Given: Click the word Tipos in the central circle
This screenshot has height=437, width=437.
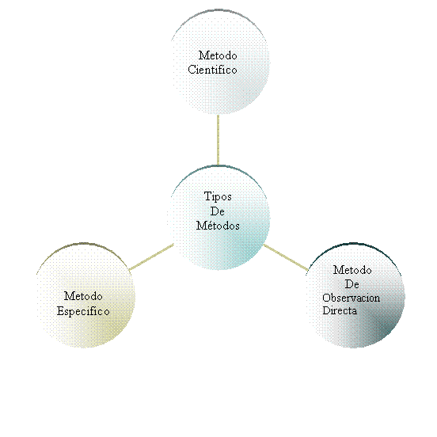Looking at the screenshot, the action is pyautogui.click(x=218, y=197).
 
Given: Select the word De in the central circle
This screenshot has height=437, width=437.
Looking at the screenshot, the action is pyautogui.click(x=218, y=211).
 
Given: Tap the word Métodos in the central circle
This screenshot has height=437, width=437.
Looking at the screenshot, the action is pyautogui.click(x=218, y=225).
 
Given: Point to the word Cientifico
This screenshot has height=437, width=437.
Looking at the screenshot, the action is pyautogui.click(x=212, y=70).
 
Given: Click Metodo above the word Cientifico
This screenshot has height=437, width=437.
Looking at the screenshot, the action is pyautogui.click(x=218, y=55).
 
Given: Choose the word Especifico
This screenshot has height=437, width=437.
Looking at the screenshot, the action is pyautogui.click(x=83, y=311).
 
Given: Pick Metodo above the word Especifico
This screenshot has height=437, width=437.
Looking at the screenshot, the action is pyautogui.click(x=83, y=296).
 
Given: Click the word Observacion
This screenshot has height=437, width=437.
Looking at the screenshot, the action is pyautogui.click(x=351, y=298).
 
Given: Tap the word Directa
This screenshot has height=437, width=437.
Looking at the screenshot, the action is pyautogui.click(x=340, y=310).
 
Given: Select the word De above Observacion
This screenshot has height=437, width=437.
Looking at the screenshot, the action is pyautogui.click(x=352, y=284).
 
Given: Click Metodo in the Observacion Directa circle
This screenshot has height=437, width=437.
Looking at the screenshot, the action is pyautogui.click(x=352, y=270).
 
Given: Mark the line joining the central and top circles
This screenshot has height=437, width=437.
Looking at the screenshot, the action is pyautogui.click(x=218, y=140).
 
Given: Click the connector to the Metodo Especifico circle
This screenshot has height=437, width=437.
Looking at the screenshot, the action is pyautogui.click(x=152, y=257).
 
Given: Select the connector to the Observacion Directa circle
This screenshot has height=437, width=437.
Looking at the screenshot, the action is pyautogui.click(x=286, y=257).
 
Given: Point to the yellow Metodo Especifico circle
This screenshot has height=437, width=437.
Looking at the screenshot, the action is pyautogui.click(x=85, y=295).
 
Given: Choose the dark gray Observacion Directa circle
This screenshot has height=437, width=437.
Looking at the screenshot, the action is pyautogui.click(x=355, y=295).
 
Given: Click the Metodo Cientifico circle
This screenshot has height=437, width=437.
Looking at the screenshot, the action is pyautogui.click(x=220, y=62).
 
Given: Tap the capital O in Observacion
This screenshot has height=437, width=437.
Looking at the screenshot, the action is pyautogui.click(x=326, y=298).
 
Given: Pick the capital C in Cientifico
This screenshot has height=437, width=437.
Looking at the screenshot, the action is pyautogui.click(x=192, y=70).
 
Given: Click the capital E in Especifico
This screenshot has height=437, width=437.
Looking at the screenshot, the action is pyautogui.click(x=60, y=311).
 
